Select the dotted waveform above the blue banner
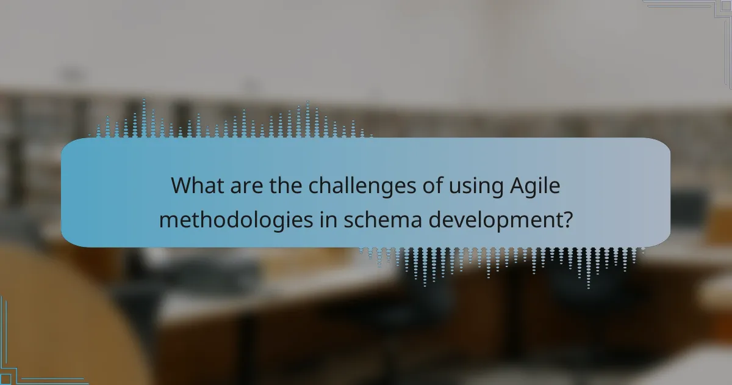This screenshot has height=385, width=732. pyautogui.click(x=232, y=122)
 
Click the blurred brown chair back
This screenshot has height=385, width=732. pyautogui.click(x=67, y=318)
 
